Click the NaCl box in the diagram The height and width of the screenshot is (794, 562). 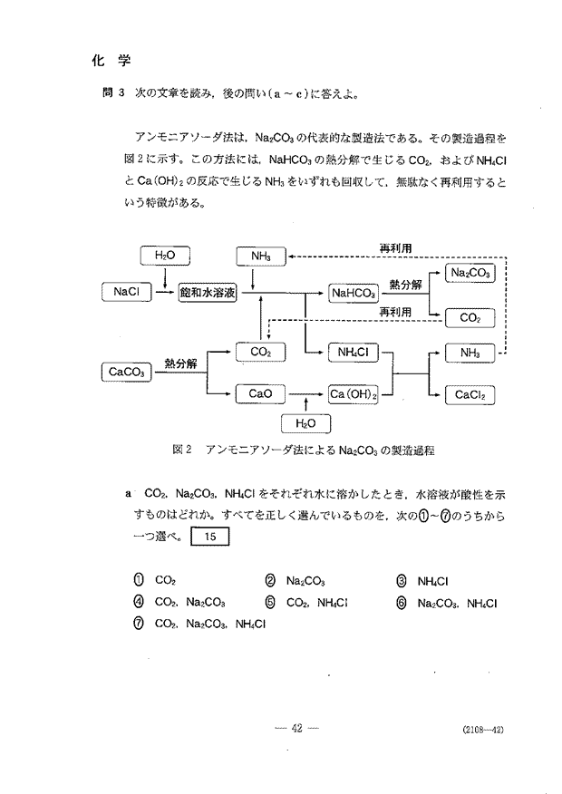click(x=127, y=292)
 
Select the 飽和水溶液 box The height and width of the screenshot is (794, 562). click(x=208, y=293)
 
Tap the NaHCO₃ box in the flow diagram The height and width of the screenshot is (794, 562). click(x=354, y=293)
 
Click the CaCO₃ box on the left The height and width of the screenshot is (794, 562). click(x=127, y=373)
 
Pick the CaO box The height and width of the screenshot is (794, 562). click(x=260, y=394)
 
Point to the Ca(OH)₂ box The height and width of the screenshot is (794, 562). click(x=354, y=394)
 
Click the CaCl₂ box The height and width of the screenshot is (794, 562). click(x=470, y=395)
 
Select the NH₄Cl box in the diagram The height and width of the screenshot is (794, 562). click(x=354, y=353)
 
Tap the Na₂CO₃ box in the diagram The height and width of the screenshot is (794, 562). click(x=470, y=273)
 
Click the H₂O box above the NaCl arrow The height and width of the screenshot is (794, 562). click(x=165, y=256)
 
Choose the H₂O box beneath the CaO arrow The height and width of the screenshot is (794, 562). click(x=305, y=424)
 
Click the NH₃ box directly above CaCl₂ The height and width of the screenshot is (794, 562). click(x=470, y=353)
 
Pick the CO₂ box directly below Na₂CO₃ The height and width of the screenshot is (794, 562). click(x=470, y=318)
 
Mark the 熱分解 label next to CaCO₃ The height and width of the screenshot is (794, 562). click(x=180, y=363)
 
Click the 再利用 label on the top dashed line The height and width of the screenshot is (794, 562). click(x=396, y=248)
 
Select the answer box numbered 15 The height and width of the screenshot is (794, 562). click(x=210, y=537)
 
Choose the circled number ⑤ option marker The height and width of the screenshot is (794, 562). click(x=270, y=603)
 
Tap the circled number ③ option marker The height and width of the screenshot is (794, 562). click(x=401, y=581)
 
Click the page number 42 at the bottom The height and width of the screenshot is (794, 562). click(x=296, y=729)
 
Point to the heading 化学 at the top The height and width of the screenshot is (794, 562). click(x=111, y=62)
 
